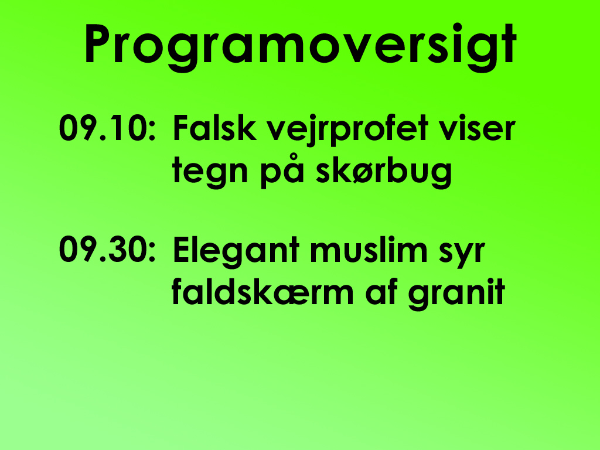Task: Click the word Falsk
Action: [x=214, y=128]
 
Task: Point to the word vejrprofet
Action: [x=347, y=130]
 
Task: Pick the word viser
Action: [x=477, y=128]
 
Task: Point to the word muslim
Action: [x=369, y=250]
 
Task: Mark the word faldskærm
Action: [x=262, y=292]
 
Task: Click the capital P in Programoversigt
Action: [x=98, y=44]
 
